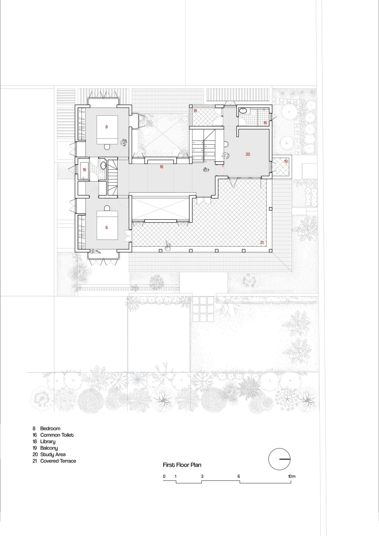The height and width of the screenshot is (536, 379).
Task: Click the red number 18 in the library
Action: (x=161, y=167)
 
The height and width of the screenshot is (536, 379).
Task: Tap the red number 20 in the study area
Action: (x=248, y=154)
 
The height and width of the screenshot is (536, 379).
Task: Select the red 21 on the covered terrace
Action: (x=262, y=242)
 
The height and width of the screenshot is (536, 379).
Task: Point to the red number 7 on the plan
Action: (x=223, y=166)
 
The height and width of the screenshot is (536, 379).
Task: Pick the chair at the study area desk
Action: (x=226, y=155)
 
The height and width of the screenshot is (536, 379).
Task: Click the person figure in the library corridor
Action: (x=206, y=170)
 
